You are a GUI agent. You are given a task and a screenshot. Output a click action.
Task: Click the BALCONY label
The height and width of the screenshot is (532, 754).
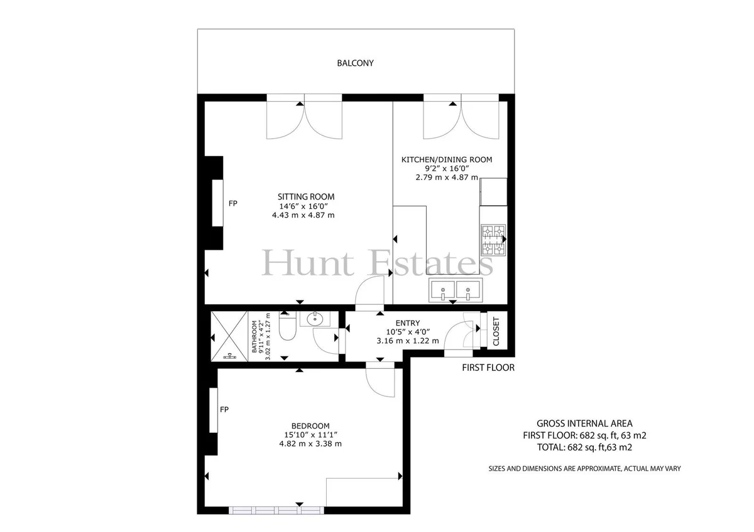tap(355, 63)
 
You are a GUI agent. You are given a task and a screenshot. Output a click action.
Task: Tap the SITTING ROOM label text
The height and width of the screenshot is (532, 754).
tap(306, 196)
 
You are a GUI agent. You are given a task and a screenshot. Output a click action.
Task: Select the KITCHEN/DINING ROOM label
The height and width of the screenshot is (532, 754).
tap(447, 159)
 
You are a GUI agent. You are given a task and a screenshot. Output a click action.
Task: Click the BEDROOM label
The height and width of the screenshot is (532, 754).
tap(310, 426)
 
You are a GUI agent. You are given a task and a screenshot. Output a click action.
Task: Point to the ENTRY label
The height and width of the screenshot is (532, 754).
tap(408, 323)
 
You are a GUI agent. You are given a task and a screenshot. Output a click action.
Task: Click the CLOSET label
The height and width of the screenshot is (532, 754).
tap(496, 331)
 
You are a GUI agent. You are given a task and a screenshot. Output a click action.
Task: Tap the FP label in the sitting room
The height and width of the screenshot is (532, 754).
tap(233, 203)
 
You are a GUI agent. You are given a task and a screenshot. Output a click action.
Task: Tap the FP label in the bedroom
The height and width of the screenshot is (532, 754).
tap(224, 409)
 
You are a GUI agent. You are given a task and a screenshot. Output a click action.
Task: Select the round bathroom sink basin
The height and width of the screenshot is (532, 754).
tap(315, 319)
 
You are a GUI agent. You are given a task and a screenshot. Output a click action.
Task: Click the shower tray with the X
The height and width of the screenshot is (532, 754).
tap(229, 336)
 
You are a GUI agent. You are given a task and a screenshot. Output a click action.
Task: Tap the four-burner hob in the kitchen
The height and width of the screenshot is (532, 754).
tap(493, 240)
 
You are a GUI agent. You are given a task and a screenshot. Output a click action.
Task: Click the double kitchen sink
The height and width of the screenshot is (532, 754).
tap(456, 290)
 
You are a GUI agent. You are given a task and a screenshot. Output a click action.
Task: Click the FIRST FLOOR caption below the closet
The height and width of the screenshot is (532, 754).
tap(488, 368)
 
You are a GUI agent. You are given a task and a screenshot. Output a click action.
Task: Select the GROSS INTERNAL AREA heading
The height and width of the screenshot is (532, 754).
tap(584, 423)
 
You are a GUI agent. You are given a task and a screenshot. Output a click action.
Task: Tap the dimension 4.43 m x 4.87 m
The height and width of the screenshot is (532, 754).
tap(303, 215)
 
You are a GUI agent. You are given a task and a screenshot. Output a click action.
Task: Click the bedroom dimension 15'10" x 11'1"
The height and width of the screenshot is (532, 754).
tap(310, 435)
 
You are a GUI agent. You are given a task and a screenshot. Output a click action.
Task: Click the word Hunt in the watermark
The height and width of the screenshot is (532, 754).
tap(308, 263)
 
